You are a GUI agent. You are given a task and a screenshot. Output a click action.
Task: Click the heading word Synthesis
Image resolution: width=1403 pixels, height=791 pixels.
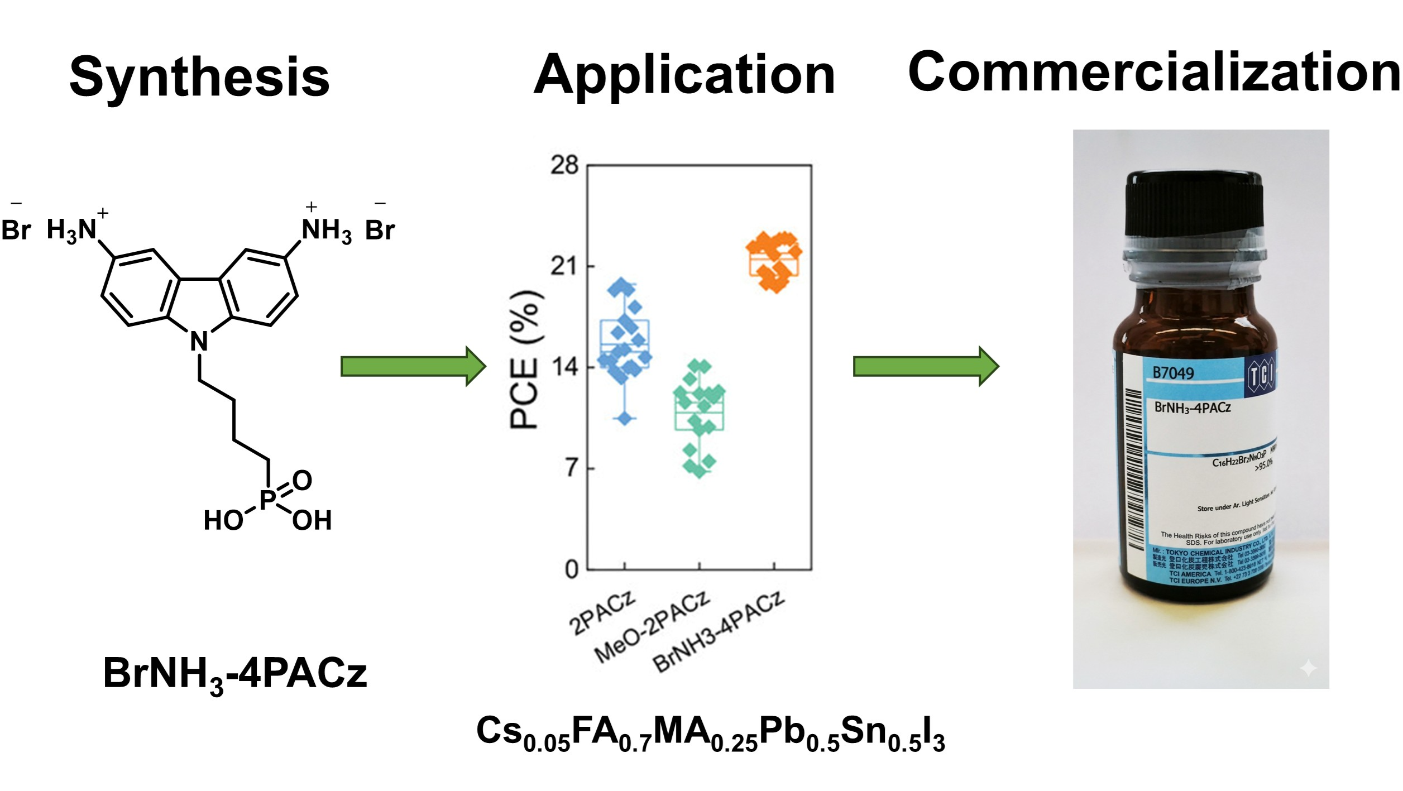199,77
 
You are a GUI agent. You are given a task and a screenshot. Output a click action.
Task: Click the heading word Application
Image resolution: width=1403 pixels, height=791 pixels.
684,75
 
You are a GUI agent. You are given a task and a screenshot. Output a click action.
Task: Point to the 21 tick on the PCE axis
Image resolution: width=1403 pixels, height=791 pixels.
564,266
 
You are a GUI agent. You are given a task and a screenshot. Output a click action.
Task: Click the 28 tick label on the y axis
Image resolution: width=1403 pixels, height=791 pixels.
564,165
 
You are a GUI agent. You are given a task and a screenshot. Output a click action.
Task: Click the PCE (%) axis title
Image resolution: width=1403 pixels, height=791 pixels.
525,360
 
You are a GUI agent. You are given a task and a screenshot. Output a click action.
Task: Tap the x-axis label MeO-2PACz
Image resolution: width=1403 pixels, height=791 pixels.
652,627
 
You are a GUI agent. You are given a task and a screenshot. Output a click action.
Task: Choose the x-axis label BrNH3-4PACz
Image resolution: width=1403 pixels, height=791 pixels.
719,632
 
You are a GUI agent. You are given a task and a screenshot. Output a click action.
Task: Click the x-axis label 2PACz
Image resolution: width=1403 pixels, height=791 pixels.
602,614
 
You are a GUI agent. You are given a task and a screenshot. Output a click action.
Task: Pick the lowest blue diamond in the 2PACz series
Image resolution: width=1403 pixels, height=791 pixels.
625,418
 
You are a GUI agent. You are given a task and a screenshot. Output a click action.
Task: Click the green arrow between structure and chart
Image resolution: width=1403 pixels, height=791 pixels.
413,366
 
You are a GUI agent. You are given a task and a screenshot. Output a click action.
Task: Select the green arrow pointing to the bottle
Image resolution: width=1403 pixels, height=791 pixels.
926,366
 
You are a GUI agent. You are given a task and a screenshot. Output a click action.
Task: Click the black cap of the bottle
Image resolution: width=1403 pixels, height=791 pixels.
1195,204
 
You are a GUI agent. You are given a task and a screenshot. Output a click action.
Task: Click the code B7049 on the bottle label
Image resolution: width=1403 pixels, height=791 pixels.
1174,373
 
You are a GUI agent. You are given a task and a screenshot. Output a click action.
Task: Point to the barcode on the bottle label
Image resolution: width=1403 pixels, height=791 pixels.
1134,469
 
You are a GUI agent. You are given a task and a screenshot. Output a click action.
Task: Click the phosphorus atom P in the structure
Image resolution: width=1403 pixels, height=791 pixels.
267,498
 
